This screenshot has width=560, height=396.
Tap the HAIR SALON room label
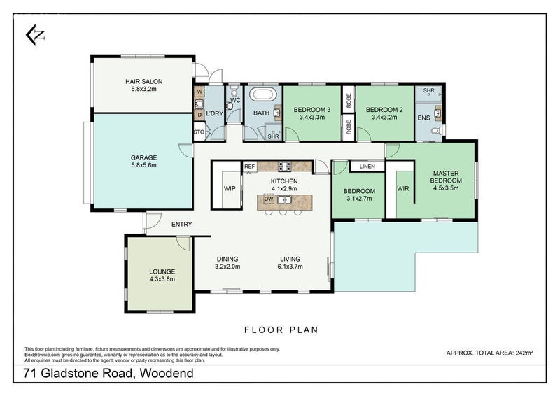(143, 81)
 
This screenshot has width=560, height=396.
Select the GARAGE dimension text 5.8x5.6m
(143, 166)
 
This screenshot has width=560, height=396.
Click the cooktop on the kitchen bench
(285, 167)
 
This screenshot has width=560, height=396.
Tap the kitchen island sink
(284, 199)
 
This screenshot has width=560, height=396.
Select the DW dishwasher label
(268, 199)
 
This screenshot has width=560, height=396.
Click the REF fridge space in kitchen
(249, 167)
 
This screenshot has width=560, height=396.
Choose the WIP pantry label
(230, 188)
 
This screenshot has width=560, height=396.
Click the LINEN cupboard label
(367, 167)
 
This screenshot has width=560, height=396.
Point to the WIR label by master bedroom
(402, 188)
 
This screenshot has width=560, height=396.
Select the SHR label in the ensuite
(428, 92)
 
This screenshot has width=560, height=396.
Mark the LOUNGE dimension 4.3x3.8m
(162, 278)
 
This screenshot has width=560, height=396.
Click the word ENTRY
(181, 224)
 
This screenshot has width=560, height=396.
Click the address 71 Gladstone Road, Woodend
(108, 374)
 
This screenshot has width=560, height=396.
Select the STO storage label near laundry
(198, 131)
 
